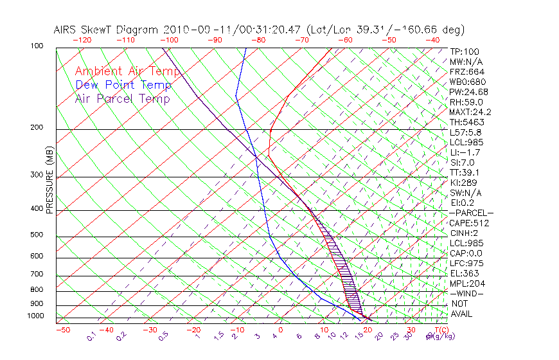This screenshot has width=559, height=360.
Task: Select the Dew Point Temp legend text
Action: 123,85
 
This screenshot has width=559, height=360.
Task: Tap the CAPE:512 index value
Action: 469,223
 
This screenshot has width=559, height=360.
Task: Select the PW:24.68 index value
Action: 469,92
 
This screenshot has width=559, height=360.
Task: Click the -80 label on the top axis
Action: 259,40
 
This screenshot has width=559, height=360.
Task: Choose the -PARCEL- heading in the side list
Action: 471,213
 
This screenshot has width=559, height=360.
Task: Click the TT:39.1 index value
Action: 465,172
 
